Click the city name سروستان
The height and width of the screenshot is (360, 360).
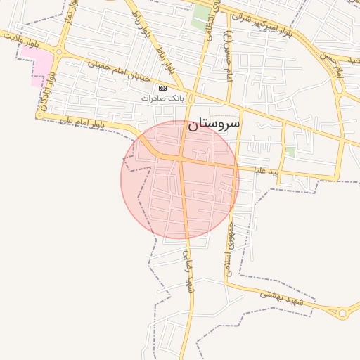tap(214, 124)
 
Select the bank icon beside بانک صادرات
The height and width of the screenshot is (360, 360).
tap(163, 88)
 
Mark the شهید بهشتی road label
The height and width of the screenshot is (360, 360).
tap(281, 298)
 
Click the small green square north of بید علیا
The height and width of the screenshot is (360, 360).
tap(290, 151)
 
